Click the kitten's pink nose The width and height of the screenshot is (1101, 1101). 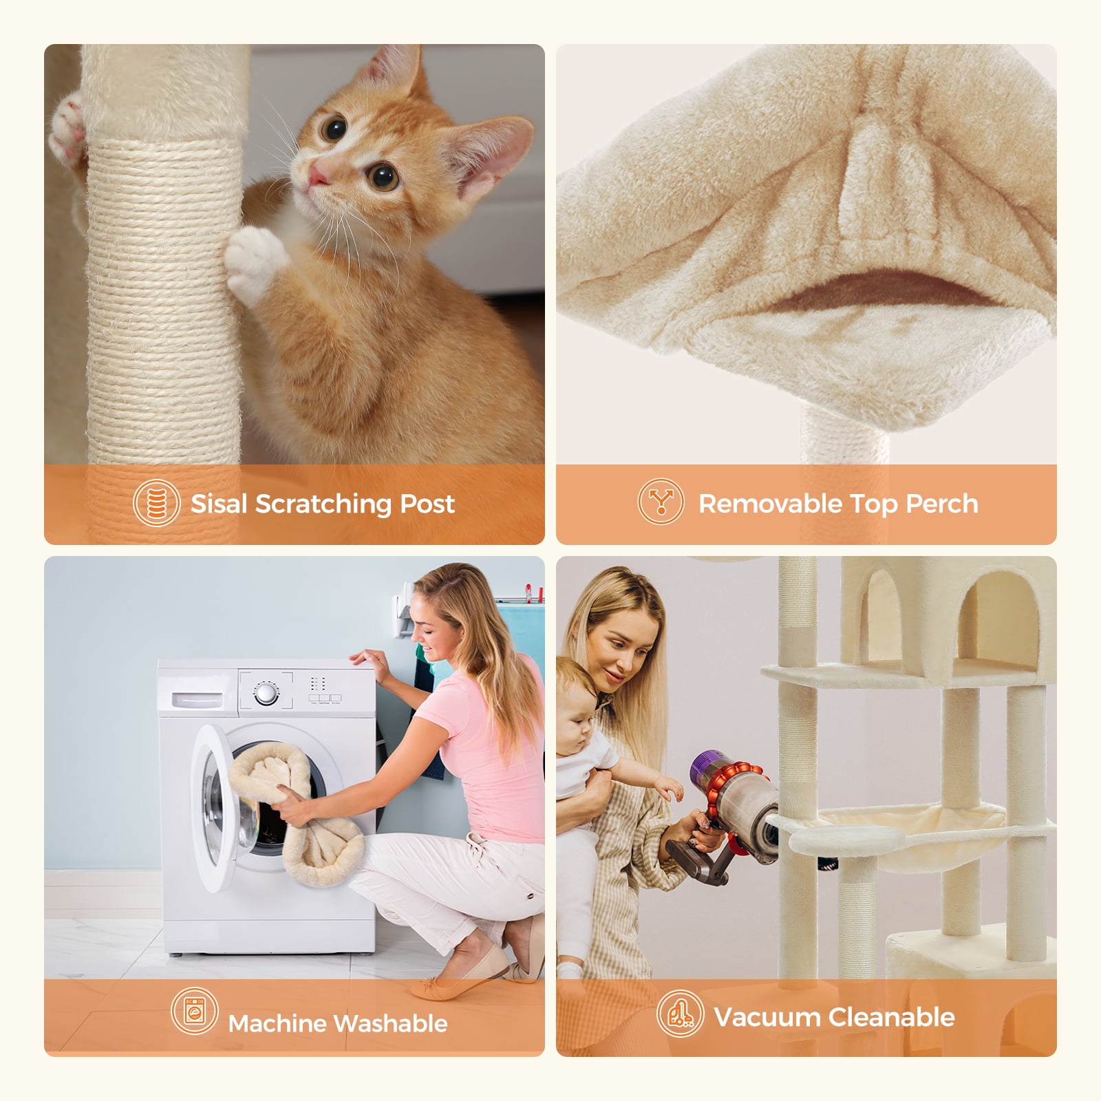[318, 175]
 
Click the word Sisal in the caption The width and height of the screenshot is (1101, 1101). [218, 504]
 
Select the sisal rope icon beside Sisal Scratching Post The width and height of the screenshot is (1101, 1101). [157, 503]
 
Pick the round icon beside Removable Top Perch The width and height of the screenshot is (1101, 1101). [661, 502]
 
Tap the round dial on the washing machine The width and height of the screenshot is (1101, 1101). [266, 694]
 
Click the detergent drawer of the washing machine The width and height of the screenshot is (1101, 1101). [197, 699]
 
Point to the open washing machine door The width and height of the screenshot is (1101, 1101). [220, 805]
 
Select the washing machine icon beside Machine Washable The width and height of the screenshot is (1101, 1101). [195, 1011]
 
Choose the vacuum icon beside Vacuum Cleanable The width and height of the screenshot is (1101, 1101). [680, 1014]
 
